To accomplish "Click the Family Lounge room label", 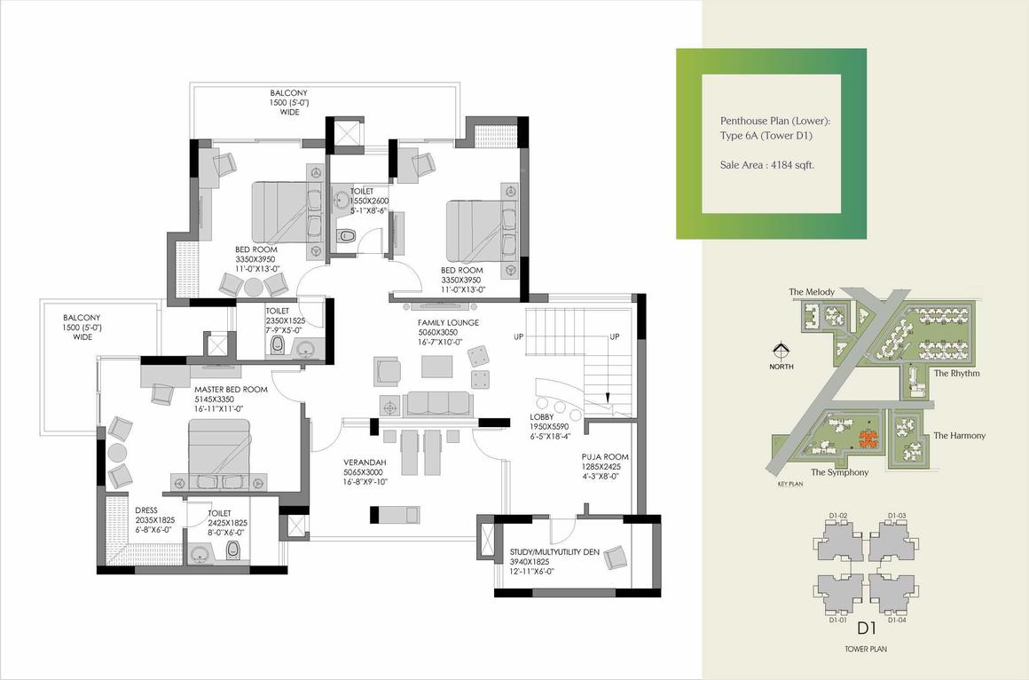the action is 448,322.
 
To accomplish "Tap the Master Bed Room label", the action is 231,390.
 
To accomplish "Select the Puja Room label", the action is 604,456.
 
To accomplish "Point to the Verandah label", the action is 365,463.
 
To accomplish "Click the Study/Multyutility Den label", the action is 554,552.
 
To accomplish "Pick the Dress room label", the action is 146,510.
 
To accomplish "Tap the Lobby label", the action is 542,417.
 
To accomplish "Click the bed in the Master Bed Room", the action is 219,455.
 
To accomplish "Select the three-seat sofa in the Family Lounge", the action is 437,403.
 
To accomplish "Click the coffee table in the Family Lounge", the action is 437,366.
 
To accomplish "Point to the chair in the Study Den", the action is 615,557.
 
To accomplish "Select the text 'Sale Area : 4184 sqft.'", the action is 767,165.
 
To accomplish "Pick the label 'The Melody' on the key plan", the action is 812,292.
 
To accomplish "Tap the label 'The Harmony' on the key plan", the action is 960,435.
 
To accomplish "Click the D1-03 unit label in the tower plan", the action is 897,516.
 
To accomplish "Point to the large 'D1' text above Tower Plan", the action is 867,629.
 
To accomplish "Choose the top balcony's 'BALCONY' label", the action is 289,93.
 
